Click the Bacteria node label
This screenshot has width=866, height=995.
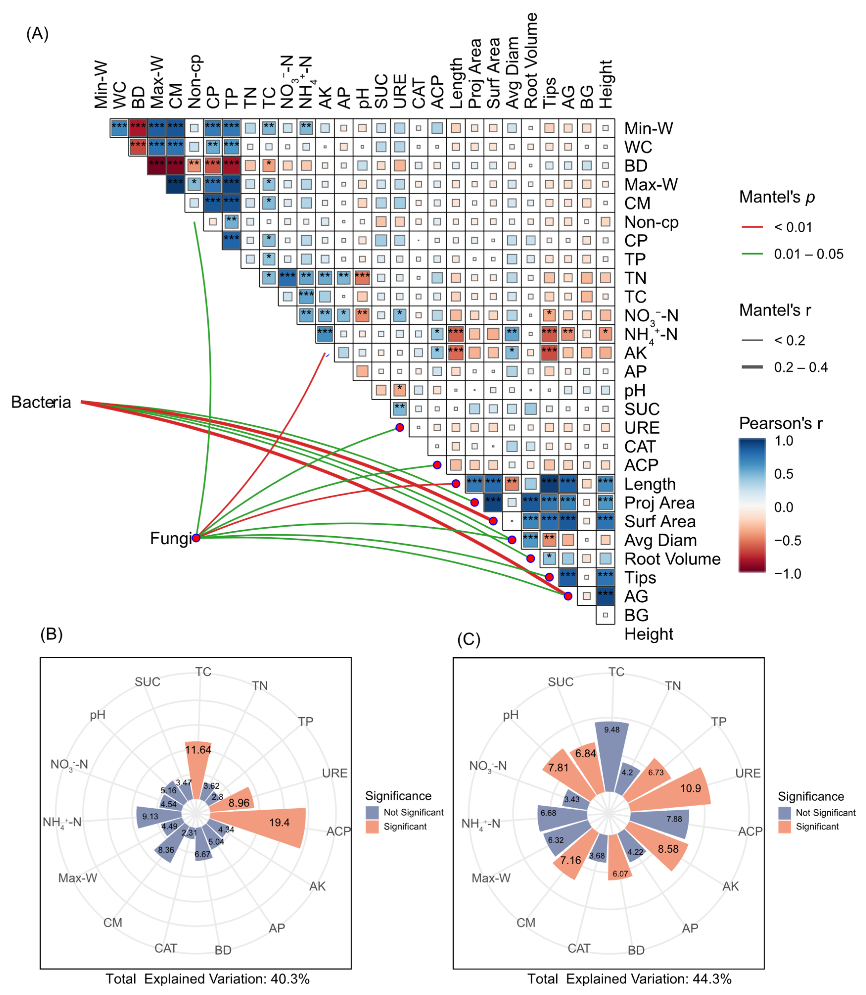[41, 402]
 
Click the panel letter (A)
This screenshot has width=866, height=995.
[37, 34]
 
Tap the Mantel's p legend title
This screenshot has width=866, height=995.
[777, 197]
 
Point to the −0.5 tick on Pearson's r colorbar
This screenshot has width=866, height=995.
[788, 540]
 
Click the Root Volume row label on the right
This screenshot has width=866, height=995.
[672, 559]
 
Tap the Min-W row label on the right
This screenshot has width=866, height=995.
[649, 129]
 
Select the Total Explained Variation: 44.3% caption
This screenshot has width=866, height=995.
[629, 979]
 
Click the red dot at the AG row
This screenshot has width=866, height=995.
[568, 596]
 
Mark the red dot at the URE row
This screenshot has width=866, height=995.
[400, 427]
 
